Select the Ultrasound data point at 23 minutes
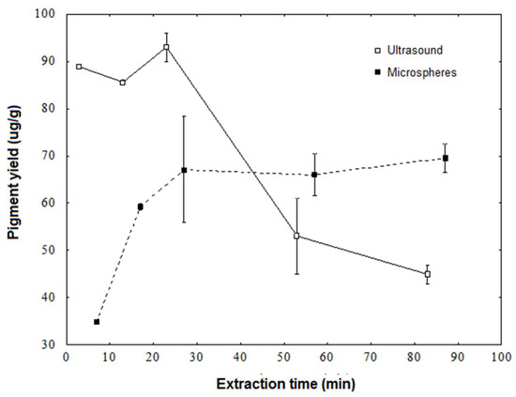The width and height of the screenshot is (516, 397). click(x=166, y=47)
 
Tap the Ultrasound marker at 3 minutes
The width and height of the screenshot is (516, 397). click(x=79, y=67)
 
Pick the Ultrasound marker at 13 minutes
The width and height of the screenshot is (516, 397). click(x=122, y=83)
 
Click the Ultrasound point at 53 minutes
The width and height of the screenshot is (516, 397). click(x=296, y=237)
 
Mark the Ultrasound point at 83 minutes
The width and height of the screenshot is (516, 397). click(x=427, y=274)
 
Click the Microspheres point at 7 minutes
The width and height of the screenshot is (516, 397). click(x=97, y=322)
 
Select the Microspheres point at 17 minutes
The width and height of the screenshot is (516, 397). click(x=140, y=206)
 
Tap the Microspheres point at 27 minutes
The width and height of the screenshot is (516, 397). click(x=184, y=170)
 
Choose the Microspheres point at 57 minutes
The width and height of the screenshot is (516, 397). click(x=314, y=175)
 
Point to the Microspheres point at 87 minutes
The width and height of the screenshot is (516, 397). click(x=445, y=159)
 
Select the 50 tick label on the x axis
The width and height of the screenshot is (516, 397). click(x=283, y=359)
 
